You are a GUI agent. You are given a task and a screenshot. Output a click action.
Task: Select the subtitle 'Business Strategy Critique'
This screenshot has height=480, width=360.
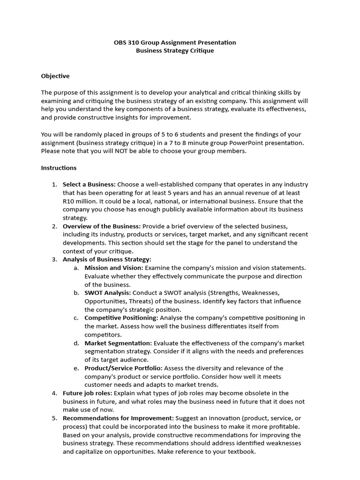pyautogui.click(x=175, y=51)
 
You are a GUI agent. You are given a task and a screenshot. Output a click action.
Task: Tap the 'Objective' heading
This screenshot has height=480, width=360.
pyautogui.click(x=55, y=76)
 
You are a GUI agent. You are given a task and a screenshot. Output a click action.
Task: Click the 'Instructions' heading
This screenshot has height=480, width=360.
pyautogui.click(x=59, y=168)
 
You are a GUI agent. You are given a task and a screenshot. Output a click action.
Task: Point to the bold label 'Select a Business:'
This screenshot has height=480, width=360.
pyautogui.click(x=89, y=185)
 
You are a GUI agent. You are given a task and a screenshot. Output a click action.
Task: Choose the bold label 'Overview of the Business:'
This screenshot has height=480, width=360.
pyautogui.click(x=102, y=226)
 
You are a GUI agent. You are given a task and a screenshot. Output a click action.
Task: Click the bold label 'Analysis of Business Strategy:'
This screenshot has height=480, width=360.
pyautogui.click(x=107, y=259)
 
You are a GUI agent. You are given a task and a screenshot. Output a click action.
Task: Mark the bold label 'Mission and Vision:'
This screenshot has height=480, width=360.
pyautogui.click(x=114, y=268)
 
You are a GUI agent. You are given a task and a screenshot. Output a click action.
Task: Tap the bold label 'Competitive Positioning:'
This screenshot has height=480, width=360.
pyautogui.click(x=121, y=318)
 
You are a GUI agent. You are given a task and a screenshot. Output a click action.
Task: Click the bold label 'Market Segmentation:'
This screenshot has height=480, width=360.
pyautogui.click(x=118, y=343)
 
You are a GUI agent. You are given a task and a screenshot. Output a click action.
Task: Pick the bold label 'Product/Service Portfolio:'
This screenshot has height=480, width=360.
pyautogui.click(x=124, y=368)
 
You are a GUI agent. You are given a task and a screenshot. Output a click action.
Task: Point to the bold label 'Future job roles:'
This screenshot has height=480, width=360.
pyautogui.click(x=88, y=393)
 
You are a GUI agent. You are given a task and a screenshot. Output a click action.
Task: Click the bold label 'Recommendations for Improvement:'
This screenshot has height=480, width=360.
pyautogui.click(x=118, y=418)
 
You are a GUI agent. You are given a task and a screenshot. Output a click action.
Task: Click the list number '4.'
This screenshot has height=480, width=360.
pyautogui.click(x=54, y=393)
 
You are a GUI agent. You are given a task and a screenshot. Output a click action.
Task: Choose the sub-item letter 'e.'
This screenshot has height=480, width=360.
pyautogui.click(x=76, y=368)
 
